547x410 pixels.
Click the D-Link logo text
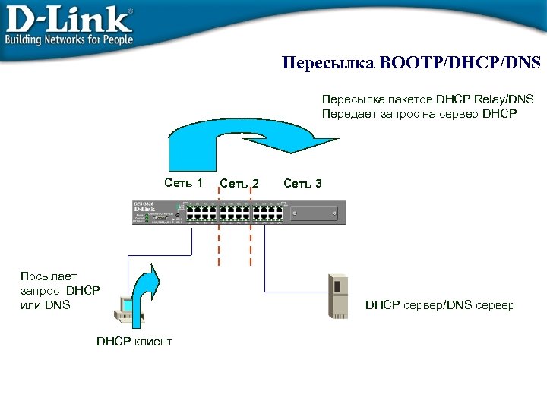pyautogui.click(x=68, y=17)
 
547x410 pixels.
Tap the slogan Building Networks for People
pyautogui.click(x=69, y=39)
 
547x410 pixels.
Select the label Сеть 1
pyautogui.click(x=184, y=182)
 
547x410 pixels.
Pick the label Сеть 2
pyautogui.click(x=239, y=183)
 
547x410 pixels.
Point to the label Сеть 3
pyautogui.click(x=302, y=183)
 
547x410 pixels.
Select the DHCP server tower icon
pyautogui.click(x=337, y=294)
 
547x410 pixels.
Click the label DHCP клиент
pyautogui.click(x=134, y=342)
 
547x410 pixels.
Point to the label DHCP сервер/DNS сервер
pyautogui.click(x=440, y=305)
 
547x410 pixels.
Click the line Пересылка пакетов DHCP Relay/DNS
pyautogui.click(x=428, y=99)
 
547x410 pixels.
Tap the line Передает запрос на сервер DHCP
pyautogui.click(x=419, y=114)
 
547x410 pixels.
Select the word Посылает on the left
pyautogui.click(x=44, y=276)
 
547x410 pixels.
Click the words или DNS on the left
pyautogui.click(x=46, y=304)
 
